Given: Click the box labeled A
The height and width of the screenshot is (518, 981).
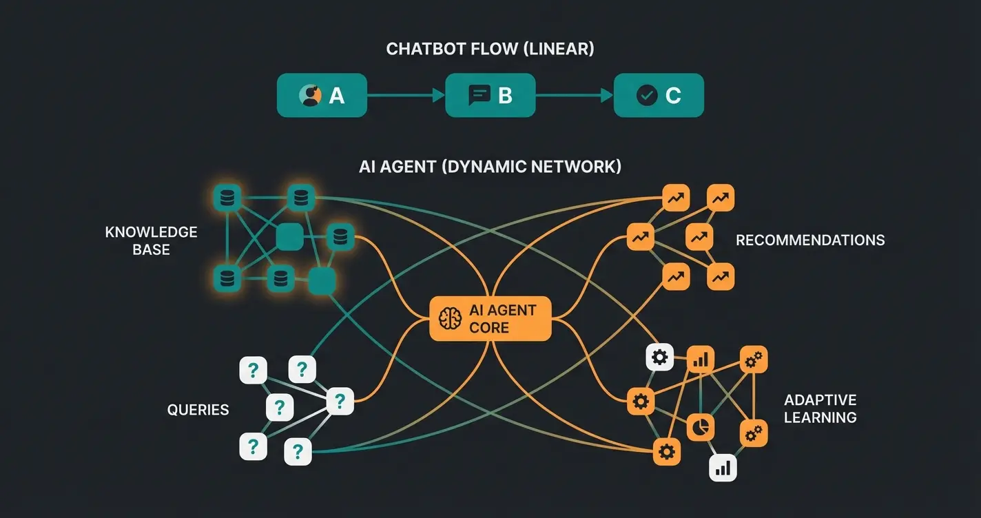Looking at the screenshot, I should click(321, 96).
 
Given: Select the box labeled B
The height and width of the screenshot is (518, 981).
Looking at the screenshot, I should click(490, 96).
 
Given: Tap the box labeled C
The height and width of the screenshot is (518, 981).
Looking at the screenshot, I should click(659, 96).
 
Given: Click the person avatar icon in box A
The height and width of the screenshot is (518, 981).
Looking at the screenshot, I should click(311, 96).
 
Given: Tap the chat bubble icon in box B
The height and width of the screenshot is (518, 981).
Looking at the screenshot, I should click(479, 95).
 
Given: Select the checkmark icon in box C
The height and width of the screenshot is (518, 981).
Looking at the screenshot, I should click(647, 96).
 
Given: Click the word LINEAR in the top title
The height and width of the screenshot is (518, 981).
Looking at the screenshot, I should click(559, 50).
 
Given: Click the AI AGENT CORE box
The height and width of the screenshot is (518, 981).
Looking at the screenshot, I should click(490, 319).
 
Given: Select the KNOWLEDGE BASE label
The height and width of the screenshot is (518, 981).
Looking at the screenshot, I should click(152, 240).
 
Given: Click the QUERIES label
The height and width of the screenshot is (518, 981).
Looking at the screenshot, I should click(198, 410).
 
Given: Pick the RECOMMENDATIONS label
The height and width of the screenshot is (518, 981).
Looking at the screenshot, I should click(810, 240).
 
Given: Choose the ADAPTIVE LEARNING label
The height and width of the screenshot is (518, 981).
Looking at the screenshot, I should click(820, 408).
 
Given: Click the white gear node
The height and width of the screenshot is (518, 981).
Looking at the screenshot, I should click(659, 357).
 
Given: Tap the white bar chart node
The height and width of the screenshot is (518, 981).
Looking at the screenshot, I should click(723, 468).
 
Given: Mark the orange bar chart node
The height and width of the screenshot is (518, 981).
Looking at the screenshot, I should click(701, 359).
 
